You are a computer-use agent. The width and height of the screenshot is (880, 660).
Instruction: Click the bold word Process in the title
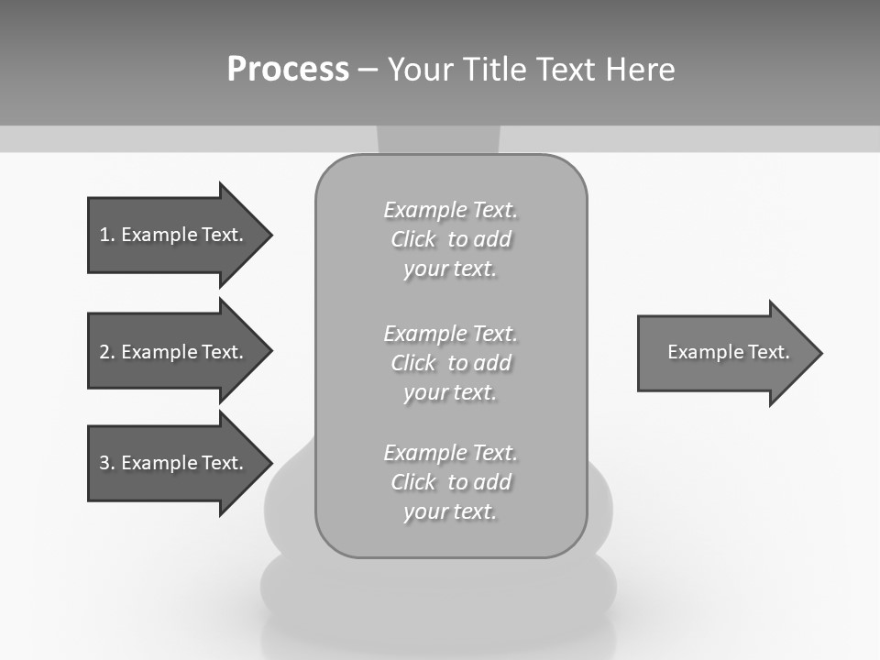pos(288,70)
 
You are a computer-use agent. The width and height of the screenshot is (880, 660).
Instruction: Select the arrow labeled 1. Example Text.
pos(174,235)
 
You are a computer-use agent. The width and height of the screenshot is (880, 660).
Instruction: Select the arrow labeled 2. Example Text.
pos(174,352)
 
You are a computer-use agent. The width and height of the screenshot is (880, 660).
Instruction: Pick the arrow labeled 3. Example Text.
pos(174,463)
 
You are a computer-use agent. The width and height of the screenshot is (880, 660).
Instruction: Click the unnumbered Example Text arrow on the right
pos(724,352)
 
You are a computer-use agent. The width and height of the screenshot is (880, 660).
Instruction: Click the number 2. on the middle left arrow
pos(107,352)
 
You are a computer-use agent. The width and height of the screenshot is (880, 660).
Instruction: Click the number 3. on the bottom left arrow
pos(107,463)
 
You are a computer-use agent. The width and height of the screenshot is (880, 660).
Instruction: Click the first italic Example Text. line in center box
pos(450,210)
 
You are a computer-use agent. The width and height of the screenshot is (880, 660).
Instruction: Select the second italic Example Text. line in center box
pos(450,333)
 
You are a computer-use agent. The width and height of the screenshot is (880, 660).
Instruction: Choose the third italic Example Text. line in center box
pos(450,453)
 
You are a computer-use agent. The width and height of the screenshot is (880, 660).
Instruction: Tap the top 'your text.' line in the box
pos(450,269)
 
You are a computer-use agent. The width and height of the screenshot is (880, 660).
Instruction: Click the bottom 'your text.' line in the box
pos(450,512)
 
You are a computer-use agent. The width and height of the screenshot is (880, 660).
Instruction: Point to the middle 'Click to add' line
pos(450,363)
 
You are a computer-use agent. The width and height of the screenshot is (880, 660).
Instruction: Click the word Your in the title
pos(423,70)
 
